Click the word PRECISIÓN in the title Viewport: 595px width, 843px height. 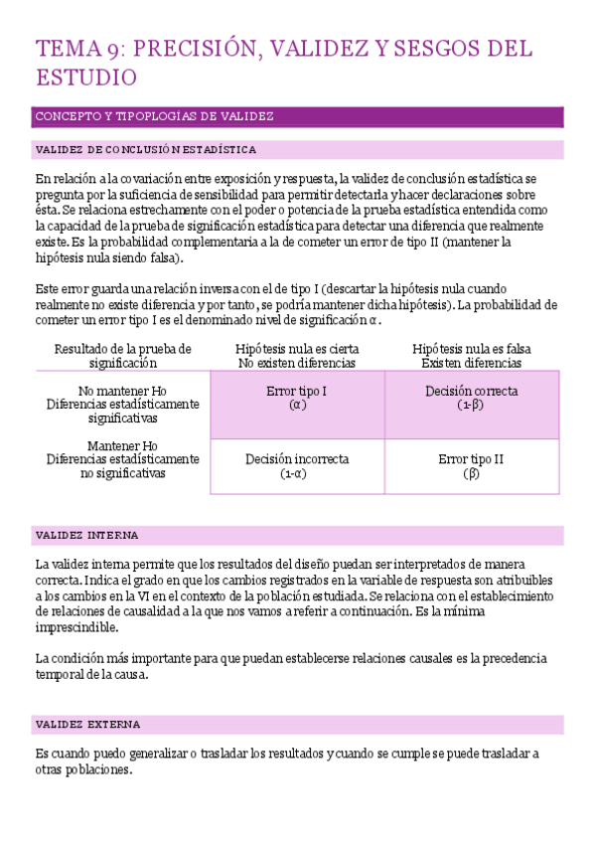tap(191, 49)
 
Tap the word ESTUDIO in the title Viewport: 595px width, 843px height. tap(85, 77)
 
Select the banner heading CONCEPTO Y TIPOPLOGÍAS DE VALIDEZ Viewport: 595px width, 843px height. tap(154, 116)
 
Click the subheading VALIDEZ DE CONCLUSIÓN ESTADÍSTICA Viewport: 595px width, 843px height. tap(146, 150)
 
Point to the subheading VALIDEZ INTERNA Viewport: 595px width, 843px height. tap(87, 535)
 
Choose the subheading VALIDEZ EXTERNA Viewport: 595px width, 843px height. tap(87, 725)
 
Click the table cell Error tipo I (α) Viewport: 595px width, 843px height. tap(297, 399)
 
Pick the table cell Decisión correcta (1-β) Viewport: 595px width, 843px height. tap(471, 399)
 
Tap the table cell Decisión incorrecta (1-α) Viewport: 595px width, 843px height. tap(297, 466)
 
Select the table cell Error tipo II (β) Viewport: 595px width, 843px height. tap(471, 466)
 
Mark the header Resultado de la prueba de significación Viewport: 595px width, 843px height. tap(122, 356)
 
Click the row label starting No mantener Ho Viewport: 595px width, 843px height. tap(122, 392)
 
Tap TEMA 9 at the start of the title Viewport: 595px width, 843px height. tap(78, 49)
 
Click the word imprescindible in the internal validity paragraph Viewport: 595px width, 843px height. tap(76, 628)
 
